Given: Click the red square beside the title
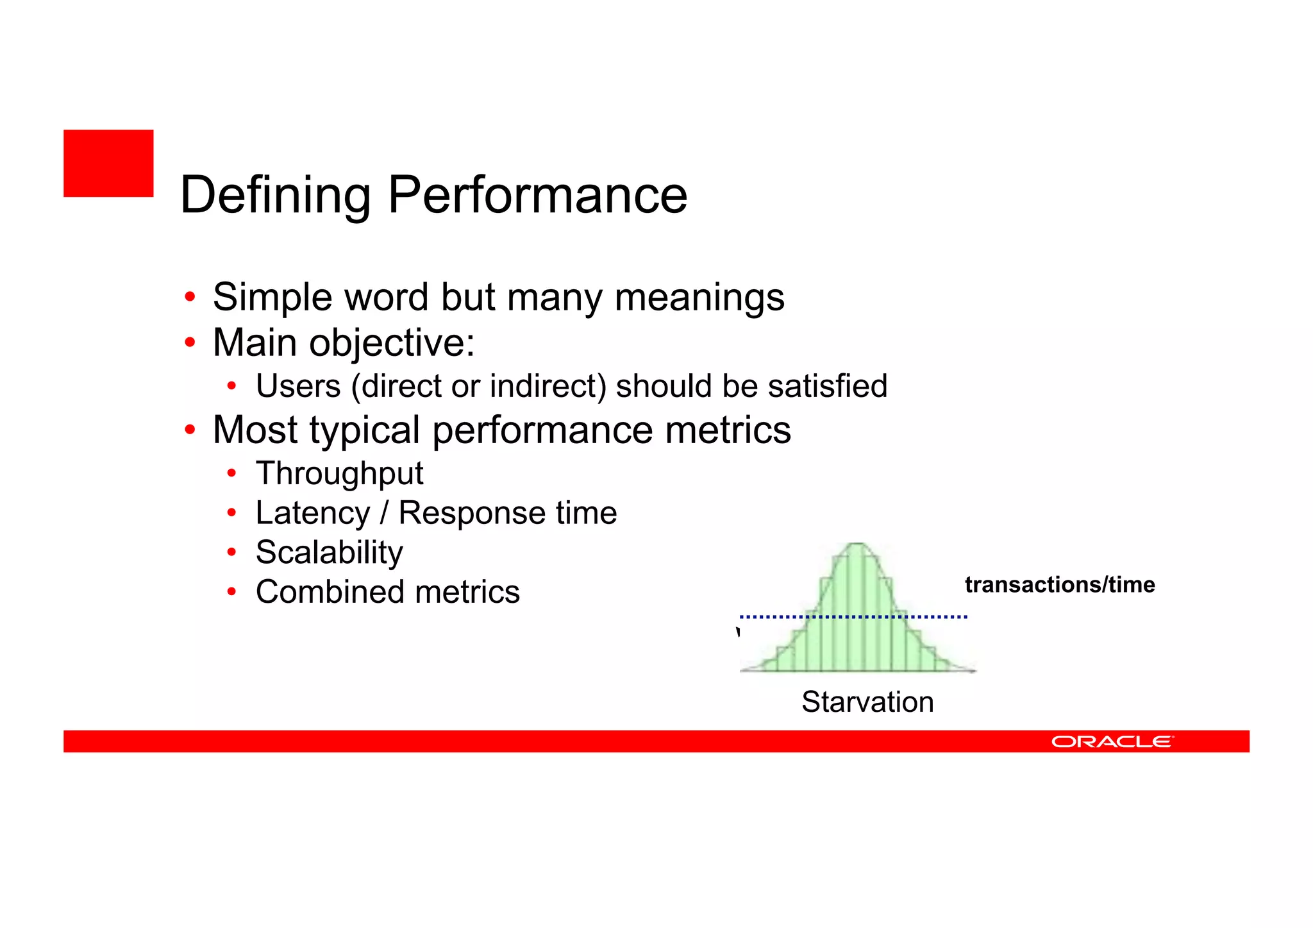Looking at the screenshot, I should [108, 163].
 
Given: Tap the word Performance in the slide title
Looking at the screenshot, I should [537, 195].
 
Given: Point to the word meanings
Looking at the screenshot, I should [699, 298].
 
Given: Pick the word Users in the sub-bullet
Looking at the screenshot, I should [298, 386].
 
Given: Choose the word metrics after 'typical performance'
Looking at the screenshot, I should [728, 430].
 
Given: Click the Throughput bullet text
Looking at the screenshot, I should [339, 474].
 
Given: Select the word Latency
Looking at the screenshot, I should [313, 513].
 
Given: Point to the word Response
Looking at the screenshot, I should [471, 513].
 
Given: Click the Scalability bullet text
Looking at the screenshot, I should [330, 552].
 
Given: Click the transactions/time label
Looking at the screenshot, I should [1059, 585].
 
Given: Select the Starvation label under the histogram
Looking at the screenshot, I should [867, 702].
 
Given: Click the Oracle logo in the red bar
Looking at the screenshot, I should [1112, 741].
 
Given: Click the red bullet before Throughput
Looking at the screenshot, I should [232, 474].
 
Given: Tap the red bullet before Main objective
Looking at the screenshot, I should [190, 343].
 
